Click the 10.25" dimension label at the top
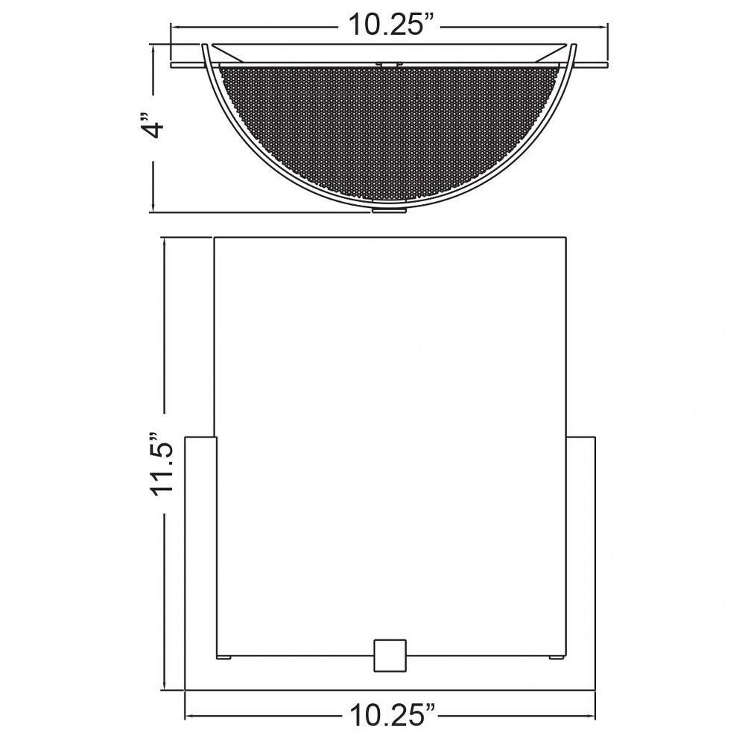tap(392, 25)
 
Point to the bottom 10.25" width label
tap(393, 714)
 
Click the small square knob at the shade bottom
tap(390, 655)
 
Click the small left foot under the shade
tap(223, 658)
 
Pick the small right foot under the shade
tap(557, 658)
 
